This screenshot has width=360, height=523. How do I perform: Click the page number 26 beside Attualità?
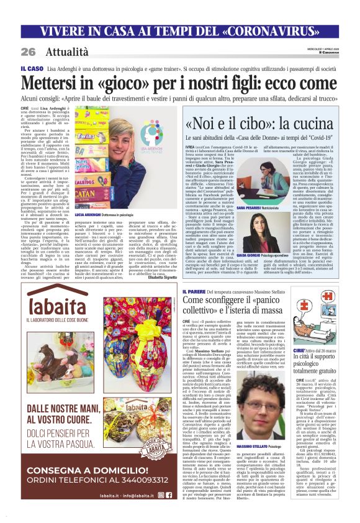coord(28,52)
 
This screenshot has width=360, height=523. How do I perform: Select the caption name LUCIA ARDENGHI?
coord(91,214)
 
